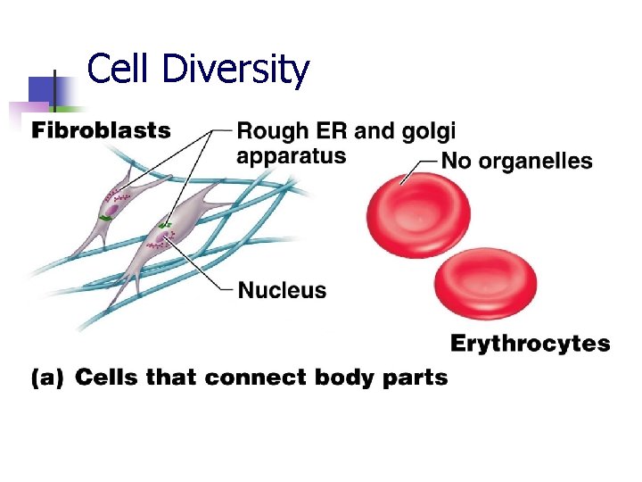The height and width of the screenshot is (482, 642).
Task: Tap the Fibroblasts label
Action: point(101,130)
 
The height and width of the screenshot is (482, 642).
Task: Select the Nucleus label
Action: point(282,290)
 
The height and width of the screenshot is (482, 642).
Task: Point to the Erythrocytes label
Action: point(530,344)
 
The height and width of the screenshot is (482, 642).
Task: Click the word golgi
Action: point(426,132)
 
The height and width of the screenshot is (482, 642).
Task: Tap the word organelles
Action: point(537,162)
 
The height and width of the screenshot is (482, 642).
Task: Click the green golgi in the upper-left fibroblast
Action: point(106,217)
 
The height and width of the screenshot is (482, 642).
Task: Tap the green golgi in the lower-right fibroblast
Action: point(166,224)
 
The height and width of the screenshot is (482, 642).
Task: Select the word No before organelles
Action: point(458,162)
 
